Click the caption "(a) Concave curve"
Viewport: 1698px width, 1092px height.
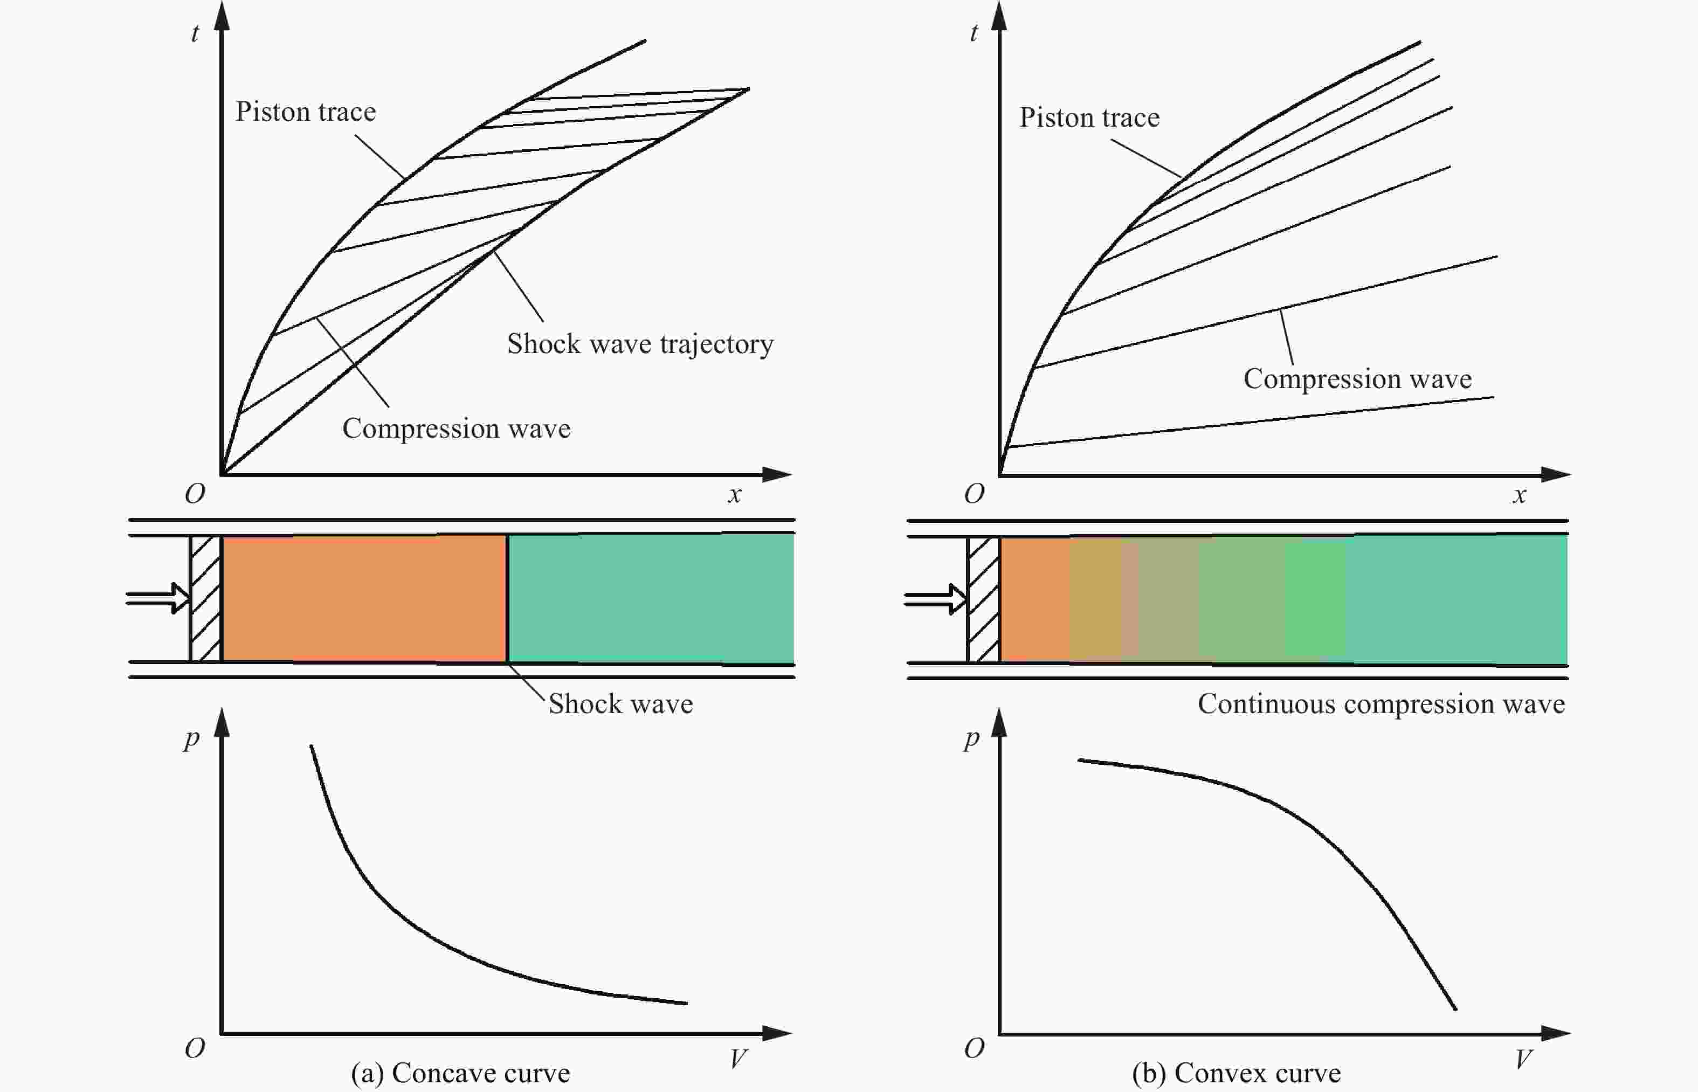pyautogui.click(x=460, y=1073)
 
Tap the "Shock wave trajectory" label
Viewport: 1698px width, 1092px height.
pyautogui.click(x=639, y=344)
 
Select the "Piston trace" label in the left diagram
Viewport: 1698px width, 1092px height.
pyautogui.click(x=306, y=112)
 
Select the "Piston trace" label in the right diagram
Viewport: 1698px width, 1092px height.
pyautogui.click(x=1089, y=118)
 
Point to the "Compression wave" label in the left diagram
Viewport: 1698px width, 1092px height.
pyautogui.click(x=456, y=428)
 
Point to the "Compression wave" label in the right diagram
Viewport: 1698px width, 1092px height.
pyautogui.click(x=1357, y=379)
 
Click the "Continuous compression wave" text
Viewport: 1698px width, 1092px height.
pyautogui.click(x=1381, y=703)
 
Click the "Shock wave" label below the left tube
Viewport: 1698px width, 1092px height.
pyautogui.click(x=620, y=703)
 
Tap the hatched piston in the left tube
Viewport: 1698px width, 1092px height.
pyautogui.click(x=205, y=599)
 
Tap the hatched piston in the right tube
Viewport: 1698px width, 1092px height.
pyautogui.click(x=983, y=600)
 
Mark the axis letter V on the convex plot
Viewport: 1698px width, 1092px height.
pyautogui.click(x=1522, y=1059)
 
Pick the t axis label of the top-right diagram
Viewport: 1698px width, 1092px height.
pyautogui.click(x=974, y=33)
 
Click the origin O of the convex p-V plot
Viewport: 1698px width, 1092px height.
pyautogui.click(x=974, y=1047)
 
